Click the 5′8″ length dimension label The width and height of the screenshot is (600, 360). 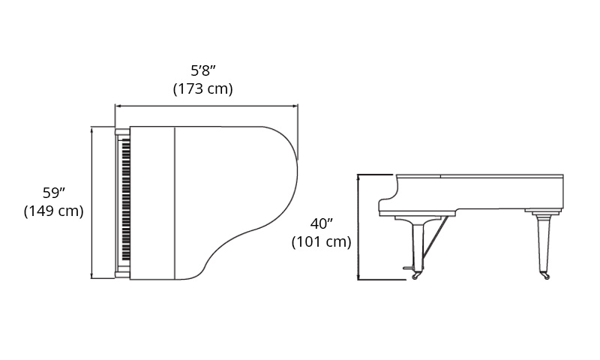(x=203, y=70)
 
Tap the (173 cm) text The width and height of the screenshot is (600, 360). (x=202, y=88)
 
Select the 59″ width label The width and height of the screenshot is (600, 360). (x=53, y=193)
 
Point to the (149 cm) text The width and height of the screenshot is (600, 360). (x=53, y=211)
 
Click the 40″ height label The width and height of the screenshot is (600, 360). (x=322, y=223)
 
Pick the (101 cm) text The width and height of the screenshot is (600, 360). (x=322, y=241)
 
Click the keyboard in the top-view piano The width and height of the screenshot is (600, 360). (x=126, y=200)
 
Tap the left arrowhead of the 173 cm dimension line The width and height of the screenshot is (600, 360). (x=118, y=106)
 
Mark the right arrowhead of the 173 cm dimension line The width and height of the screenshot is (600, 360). (x=295, y=106)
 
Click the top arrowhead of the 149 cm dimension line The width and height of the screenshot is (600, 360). (x=91, y=129)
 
